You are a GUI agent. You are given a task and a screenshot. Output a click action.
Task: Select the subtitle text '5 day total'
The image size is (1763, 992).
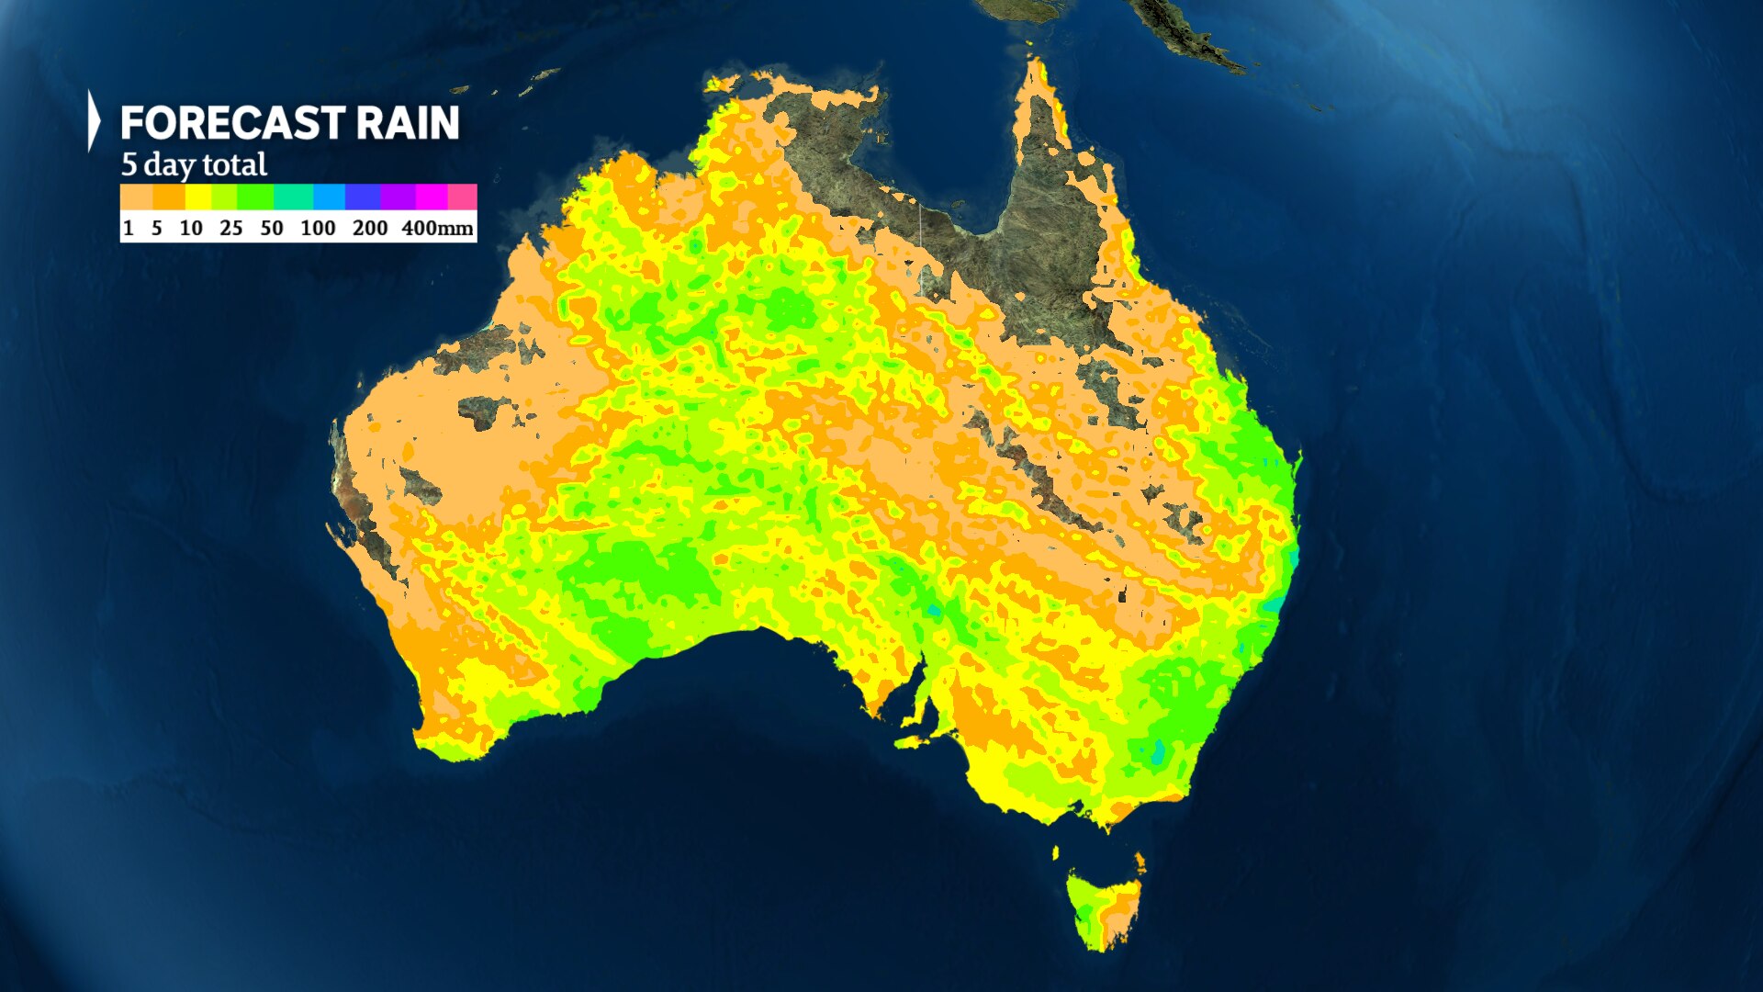coord(194,165)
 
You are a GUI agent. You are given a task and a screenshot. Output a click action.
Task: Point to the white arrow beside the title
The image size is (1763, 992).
coord(93,120)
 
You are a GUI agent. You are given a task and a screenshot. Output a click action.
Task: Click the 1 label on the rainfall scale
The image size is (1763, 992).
coord(129,228)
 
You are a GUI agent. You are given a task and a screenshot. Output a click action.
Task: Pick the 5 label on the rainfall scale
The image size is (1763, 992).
coord(157,228)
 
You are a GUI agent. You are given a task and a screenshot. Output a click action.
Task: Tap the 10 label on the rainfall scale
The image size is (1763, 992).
coord(191,228)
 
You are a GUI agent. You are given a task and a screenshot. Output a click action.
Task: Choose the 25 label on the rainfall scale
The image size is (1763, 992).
coord(231,228)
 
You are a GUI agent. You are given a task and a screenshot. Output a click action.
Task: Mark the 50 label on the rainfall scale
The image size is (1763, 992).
coord(272,228)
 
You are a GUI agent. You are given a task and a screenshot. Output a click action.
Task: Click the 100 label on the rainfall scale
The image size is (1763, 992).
coord(318,228)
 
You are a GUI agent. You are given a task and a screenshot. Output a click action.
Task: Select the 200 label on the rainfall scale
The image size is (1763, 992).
coord(370,228)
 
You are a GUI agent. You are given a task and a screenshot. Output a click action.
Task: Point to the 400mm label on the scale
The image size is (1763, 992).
coord(437,228)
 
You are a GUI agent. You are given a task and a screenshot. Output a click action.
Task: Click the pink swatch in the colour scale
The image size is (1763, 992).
coord(462,197)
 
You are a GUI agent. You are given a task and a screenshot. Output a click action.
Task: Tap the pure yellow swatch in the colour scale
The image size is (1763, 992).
coord(198,197)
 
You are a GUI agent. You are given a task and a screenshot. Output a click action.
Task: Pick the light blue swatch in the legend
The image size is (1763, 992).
coord(329,197)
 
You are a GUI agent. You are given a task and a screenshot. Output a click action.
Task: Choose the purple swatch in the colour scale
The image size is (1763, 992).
coord(398,197)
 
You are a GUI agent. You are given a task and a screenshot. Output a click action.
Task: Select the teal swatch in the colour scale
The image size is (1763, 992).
coord(293,197)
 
